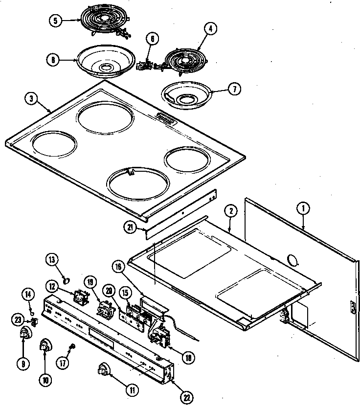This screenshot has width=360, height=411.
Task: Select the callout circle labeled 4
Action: [x=210, y=29]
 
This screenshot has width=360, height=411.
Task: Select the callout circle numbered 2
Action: [x=231, y=212]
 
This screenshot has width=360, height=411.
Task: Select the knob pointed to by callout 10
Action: [x=45, y=346]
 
